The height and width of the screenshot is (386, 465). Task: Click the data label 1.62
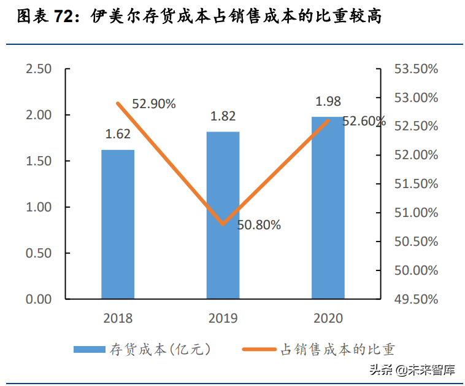pyautogui.click(x=118, y=133)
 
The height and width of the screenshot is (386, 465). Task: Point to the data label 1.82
pyautogui.click(x=223, y=116)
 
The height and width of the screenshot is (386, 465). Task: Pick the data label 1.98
pyautogui.click(x=328, y=101)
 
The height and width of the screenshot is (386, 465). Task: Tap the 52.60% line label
pyautogui.click(x=364, y=121)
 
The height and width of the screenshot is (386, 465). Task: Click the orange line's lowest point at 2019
pyautogui.click(x=223, y=224)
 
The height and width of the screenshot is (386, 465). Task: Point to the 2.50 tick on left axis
pyautogui.click(x=39, y=69)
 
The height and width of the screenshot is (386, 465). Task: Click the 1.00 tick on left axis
pyautogui.click(x=39, y=207)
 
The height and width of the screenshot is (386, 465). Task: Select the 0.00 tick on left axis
pyautogui.click(x=39, y=299)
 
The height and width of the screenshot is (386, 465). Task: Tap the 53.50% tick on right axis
pyautogui.click(x=416, y=69)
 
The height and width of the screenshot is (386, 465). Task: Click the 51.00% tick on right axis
pyautogui.click(x=416, y=213)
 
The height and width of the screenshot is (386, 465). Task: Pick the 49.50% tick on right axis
pyautogui.click(x=416, y=299)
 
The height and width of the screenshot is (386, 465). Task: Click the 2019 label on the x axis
pyautogui.click(x=223, y=318)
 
